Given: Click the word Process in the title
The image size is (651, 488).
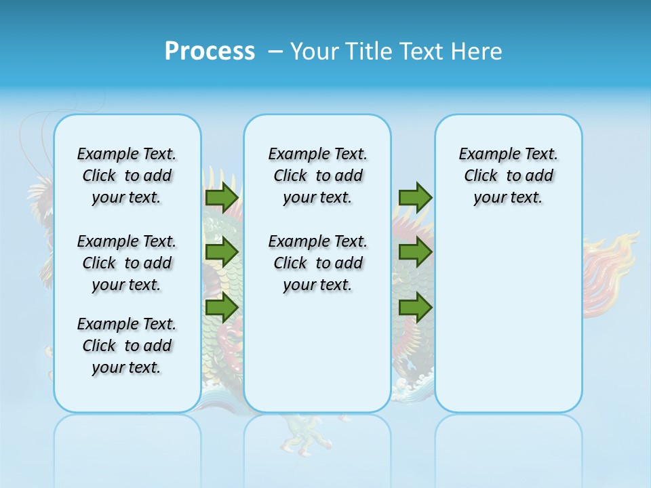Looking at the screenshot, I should pyautogui.click(x=210, y=52).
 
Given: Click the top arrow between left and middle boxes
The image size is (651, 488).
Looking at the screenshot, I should pyautogui.click(x=221, y=197).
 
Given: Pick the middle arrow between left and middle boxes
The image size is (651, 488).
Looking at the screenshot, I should pyautogui.click(x=221, y=252).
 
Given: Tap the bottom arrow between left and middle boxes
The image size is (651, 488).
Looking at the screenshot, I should pyautogui.click(x=221, y=307).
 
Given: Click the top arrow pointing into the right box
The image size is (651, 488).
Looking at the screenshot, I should pyautogui.click(x=415, y=197).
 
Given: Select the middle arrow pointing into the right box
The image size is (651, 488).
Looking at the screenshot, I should pyautogui.click(x=415, y=252).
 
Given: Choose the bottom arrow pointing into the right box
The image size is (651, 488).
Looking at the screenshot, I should pyautogui.click(x=415, y=307).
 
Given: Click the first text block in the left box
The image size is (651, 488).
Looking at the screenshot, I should pyautogui.click(x=127, y=176).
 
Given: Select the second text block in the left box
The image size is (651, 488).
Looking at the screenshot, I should pyautogui.click(x=127, y=263).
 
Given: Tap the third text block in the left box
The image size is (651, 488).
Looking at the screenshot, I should pyautogui.click(x=127, y=346).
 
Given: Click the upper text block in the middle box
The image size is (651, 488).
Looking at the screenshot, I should pyautogui.click(x=317, y=176).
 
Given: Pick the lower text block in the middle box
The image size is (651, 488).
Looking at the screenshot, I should pyautogui.click(x=317, y=263).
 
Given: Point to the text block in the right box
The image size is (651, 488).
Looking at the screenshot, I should pyautogui.click(x=508, y=176).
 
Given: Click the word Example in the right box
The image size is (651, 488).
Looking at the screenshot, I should pyautogui.click(x=483, y=154).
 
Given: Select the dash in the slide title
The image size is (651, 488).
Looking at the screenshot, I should pyautogui.click(x=275, y=52).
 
